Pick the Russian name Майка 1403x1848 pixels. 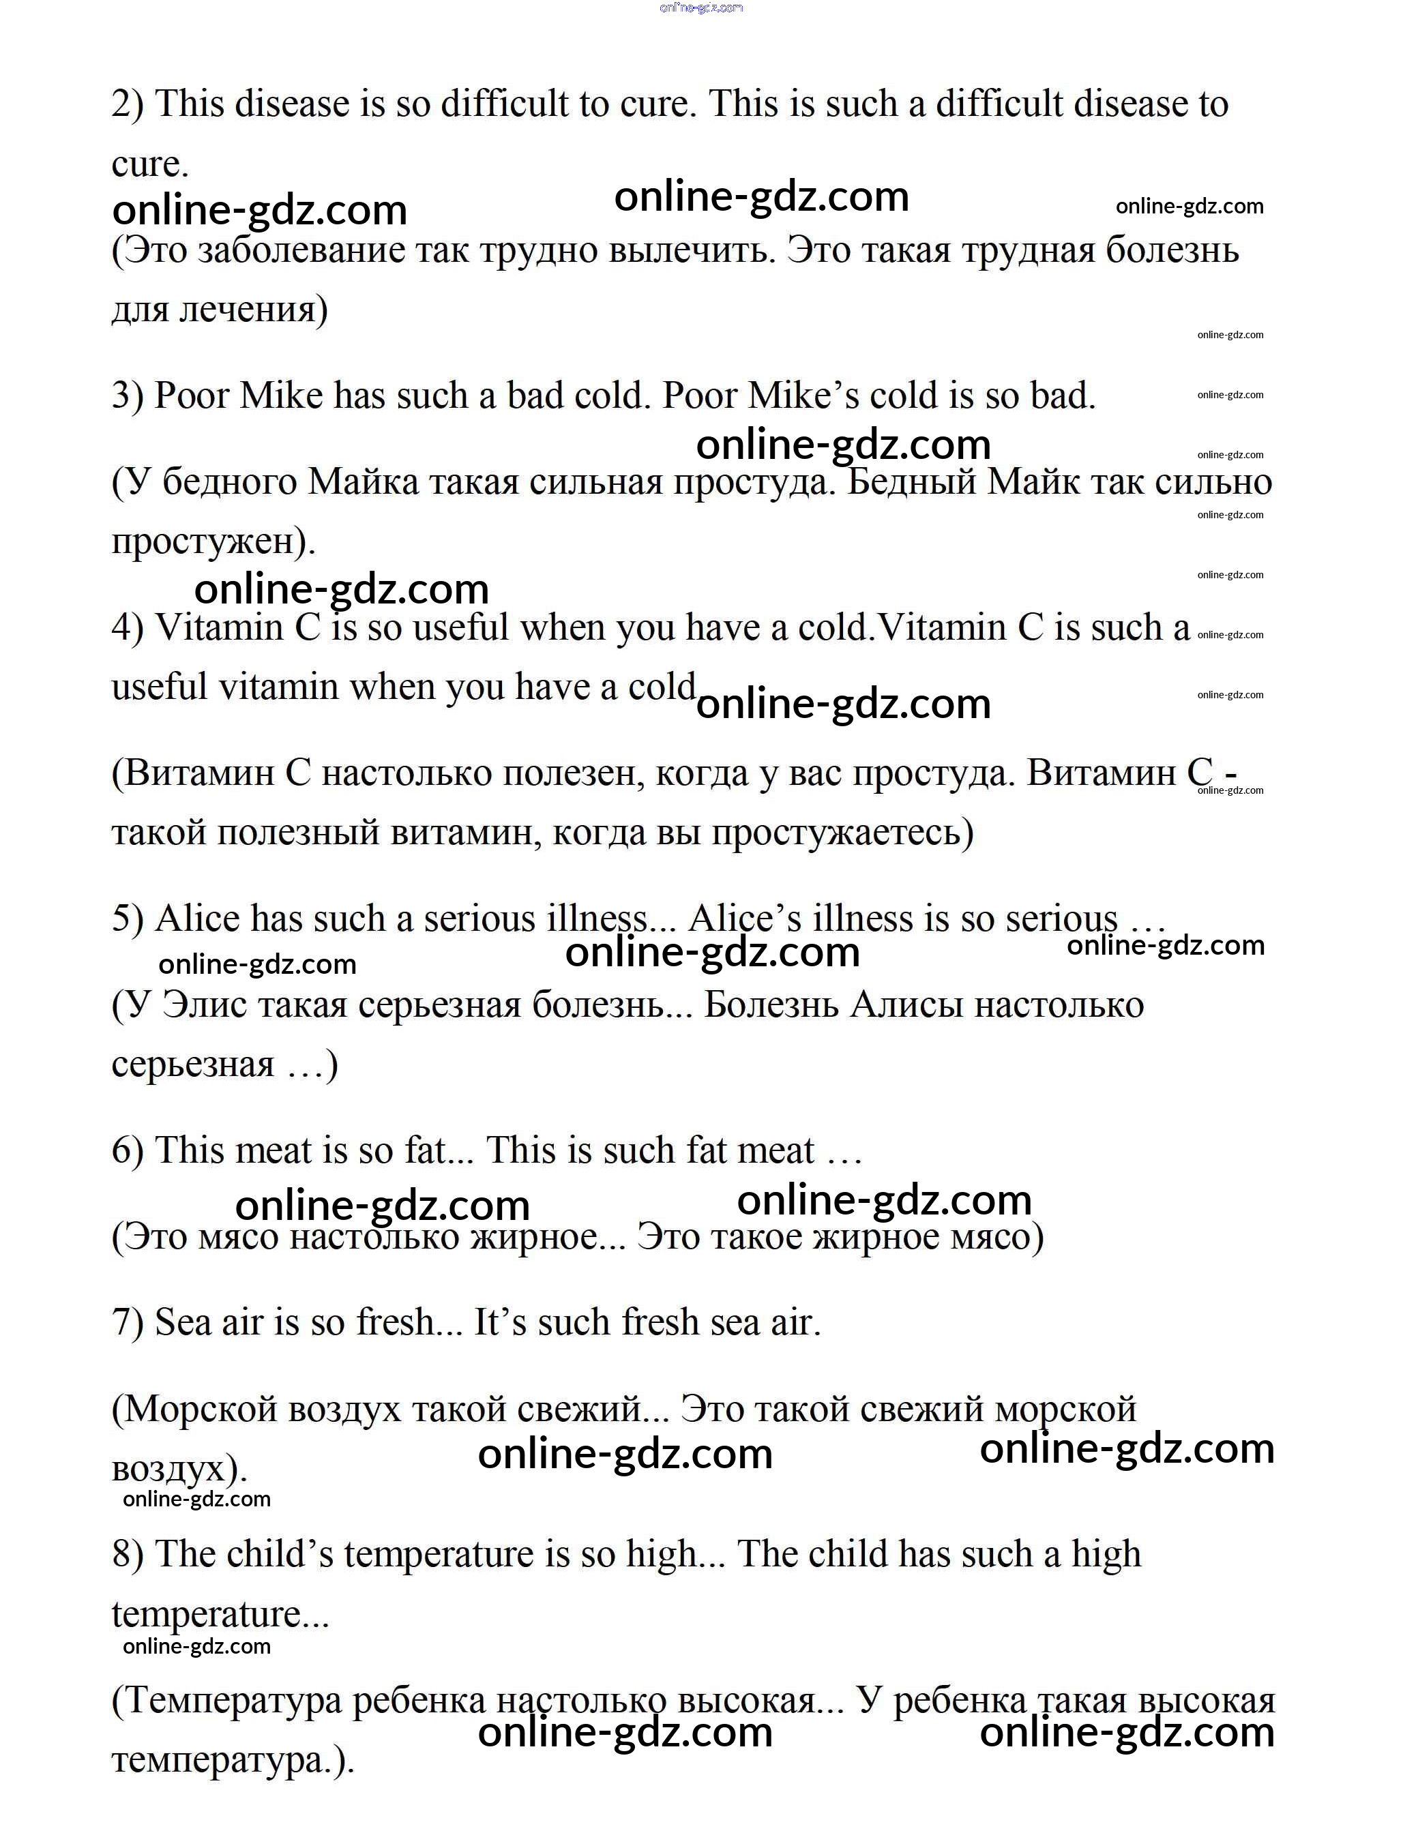[x=363, y=483]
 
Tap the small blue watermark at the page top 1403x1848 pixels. [x=700, y=8]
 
